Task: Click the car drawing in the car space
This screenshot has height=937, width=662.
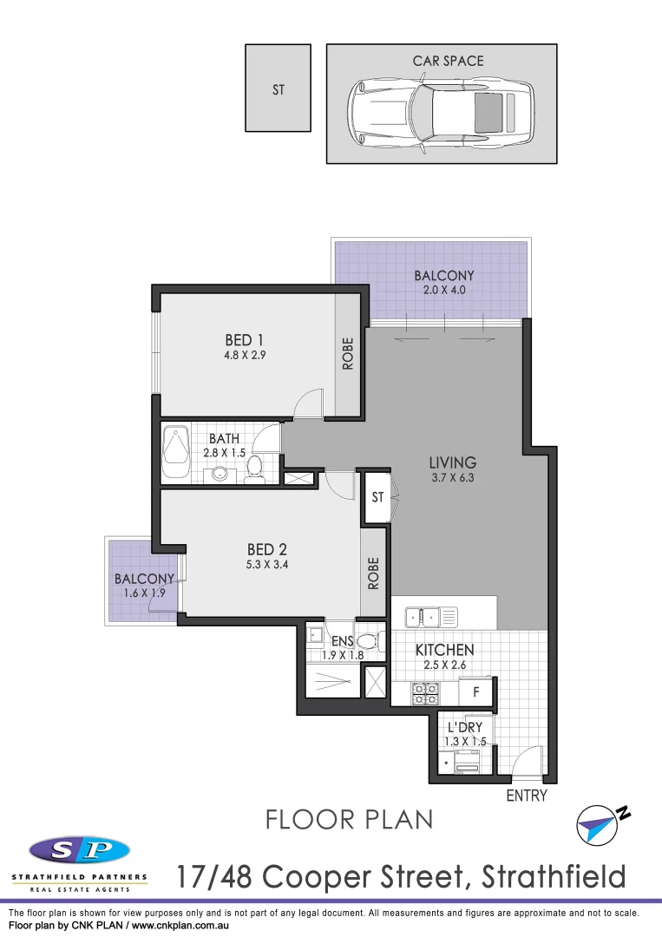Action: (x=441, y=113)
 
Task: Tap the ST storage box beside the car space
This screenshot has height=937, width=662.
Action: (x=278, y=88)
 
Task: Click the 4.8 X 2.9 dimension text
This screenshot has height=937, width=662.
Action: (x=244, y=354)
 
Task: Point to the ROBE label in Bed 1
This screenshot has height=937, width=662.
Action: (x=348, y=353)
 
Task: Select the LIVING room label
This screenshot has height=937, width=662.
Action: (x=452, y=462)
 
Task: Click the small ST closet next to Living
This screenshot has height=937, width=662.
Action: (x=377, y=498)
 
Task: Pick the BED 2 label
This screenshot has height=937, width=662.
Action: (x=266, y=549)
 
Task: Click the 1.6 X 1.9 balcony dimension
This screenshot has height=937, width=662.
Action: (x=144, y=593)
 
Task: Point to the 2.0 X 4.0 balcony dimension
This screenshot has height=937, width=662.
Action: (x=443, y=291)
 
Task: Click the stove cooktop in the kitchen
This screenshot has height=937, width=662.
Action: (x=424, y=693)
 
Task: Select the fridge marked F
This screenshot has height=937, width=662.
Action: (x=475, y=693)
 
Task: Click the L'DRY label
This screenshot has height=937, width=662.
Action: (x=465, y=727)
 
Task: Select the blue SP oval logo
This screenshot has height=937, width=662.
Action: (x=79, y=850)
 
